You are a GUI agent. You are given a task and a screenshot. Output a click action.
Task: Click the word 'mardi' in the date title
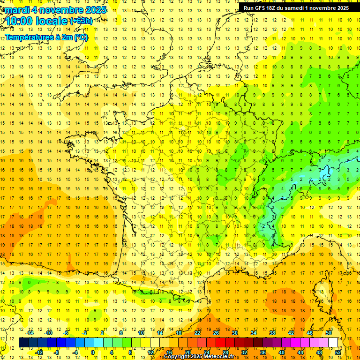coord(18,10)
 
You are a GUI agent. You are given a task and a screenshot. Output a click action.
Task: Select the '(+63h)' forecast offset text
coord(81,21)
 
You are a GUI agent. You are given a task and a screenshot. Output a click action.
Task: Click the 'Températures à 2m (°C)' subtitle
coord(46,37)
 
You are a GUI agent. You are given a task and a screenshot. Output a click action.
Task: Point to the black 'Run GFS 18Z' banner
coord(296,8)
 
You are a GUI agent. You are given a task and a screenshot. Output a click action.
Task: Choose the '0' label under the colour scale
coord(93,352)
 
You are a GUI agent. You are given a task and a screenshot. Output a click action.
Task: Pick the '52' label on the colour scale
coord(337,352)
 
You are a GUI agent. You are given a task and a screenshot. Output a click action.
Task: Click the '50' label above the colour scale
coord(329,333)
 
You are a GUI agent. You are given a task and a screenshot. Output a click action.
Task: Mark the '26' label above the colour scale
coord(216,333)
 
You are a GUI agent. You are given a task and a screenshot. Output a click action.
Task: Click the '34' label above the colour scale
coord(254,333)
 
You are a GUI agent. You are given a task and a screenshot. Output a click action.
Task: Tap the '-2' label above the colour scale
coord(85,333)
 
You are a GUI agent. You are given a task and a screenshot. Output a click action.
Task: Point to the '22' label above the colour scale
coord(197,333)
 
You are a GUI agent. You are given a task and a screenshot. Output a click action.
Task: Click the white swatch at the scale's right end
coord(333,343)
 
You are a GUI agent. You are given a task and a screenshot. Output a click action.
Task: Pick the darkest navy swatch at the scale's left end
coord(23,343)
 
